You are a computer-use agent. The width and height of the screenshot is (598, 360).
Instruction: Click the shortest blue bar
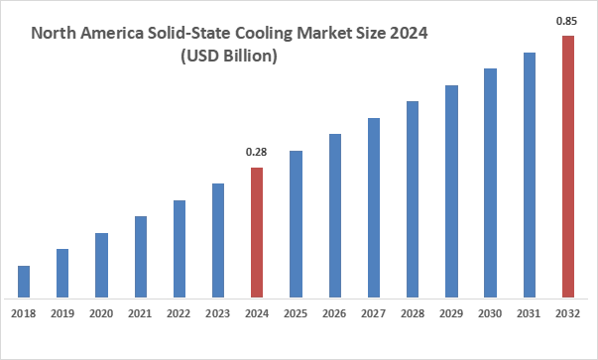pyautogui.click(x=24, y=281)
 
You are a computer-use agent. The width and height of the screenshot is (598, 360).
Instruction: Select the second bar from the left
pyautogui.click(x=63, y=273)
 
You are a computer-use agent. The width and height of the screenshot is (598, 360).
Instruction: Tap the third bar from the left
pyautogui.click(x=103, y=265)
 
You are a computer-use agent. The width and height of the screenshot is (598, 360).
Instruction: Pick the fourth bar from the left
pyautogui.click(x=142, y=257)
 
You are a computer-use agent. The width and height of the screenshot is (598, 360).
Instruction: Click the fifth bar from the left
pyautogui.click(x=179, y=249)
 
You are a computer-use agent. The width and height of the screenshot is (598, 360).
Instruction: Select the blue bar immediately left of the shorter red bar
pyautogui.click(x=218, y=241)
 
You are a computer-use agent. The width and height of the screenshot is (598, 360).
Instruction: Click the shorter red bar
pyautogui.click(x=257, y=233)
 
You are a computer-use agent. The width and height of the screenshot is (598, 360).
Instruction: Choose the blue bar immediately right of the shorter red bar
pyautogui.click(x=297, y=225)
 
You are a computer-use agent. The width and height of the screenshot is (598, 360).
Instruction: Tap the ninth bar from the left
pyautogui.click(x=334, y=213)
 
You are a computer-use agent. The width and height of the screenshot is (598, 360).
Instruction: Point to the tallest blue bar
pyautogui.click(x=531, y=174)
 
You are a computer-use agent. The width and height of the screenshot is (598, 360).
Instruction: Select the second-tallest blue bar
pyautogui.click(x=492, y=181)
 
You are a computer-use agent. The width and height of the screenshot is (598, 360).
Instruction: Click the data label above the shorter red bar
pyautogui.click(x=257, y=151)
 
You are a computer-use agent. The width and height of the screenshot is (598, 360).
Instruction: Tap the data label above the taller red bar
pyautogui.click(x=567, y=24)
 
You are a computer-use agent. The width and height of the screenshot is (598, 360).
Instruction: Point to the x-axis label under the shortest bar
pyautogui.click(x=24, y=312)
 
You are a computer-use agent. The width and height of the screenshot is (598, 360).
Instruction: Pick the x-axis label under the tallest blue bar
pyautogui.click(x=531, y=312)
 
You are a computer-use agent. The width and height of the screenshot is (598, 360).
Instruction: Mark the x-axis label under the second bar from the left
pyautogui.click(x=63, y=312)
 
